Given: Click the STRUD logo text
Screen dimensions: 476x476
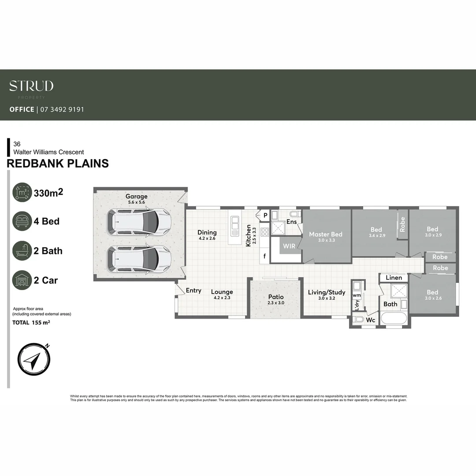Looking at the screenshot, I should pos(31,86).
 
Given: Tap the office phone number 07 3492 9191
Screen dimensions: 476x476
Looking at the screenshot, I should pos(62,109).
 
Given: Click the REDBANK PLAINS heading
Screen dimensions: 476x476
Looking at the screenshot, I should pos(58,164).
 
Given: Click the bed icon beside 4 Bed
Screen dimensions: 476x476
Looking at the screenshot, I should pos(22,221).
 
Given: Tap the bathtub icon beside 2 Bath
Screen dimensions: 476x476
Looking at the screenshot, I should pos(22,251).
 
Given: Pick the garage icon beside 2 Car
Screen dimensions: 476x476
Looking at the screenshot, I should pos(22,280).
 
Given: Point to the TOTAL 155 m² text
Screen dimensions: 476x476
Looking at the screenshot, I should pos(31,323).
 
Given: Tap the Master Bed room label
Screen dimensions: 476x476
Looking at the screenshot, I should pos(325,234).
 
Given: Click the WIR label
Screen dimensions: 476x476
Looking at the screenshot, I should pos(289,246).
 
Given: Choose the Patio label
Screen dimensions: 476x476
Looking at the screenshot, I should pos(276,297).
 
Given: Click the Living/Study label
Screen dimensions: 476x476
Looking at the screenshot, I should pos(327,293).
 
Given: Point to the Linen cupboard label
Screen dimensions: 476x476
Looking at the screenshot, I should pos(394,278).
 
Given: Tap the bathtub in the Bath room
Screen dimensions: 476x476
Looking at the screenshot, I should pos(395,319).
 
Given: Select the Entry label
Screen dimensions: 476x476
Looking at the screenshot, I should pos(193,290).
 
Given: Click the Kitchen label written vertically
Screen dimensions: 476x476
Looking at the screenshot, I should pos(249,235).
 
